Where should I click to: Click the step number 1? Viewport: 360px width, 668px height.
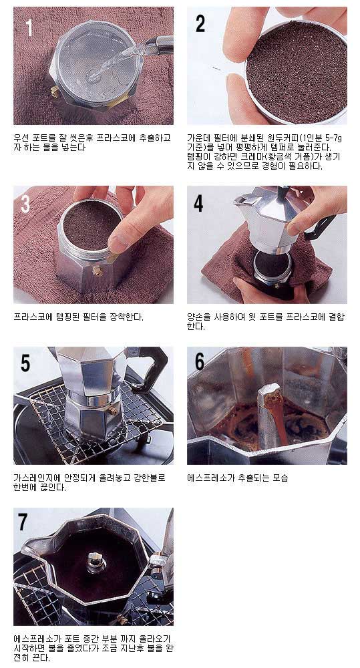[29, 27]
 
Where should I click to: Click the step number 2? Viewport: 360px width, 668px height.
[200, 23]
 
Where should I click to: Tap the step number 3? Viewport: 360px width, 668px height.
[25, 204]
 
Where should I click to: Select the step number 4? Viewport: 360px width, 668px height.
[198, 204]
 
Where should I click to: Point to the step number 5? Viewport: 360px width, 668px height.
[25, 363]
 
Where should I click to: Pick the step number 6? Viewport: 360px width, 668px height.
[200, 361]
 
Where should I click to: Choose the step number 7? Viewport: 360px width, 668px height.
[23, 522]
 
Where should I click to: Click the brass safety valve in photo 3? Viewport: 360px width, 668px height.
[97, 270]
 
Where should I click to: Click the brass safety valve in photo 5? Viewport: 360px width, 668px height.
[113, 410]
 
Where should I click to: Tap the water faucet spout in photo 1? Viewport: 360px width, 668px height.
[160, 45]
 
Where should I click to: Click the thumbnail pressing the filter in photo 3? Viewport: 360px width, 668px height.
[118, 244]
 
